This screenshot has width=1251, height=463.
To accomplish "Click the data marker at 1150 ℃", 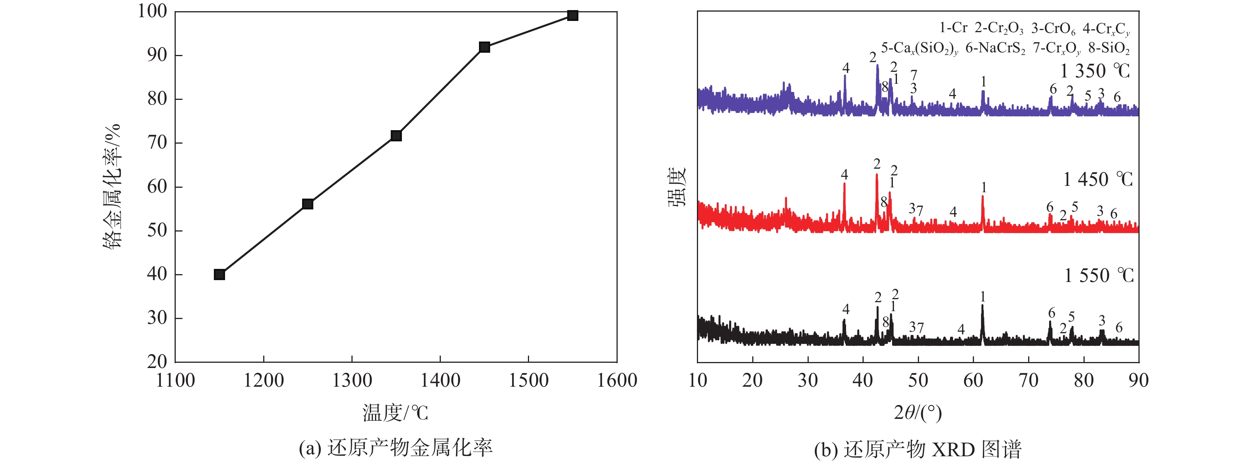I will point(219,275).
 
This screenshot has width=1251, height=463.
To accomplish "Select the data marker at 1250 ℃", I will point(307,204).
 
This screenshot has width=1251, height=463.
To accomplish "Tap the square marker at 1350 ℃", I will point(396,135).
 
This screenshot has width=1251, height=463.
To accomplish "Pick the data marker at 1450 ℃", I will point(484,47).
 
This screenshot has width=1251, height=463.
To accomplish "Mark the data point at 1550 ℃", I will point(572,16).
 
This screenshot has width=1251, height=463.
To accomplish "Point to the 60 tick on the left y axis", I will point(157,187).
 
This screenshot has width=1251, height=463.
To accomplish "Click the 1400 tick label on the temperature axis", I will point(440,380).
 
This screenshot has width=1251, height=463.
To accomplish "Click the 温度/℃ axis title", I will point(395,413).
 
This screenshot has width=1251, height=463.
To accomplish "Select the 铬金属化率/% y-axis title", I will point(112,187).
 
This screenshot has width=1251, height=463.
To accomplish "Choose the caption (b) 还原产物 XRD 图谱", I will point(918,450).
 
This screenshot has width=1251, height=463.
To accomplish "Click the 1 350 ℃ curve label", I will point(1095,71).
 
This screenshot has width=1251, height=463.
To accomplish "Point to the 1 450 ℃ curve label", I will point(1098,180).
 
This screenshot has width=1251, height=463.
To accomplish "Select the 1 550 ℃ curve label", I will point(1098,276).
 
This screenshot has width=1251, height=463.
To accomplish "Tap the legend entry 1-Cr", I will point(953,28).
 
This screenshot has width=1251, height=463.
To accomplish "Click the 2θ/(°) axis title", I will point(918,413).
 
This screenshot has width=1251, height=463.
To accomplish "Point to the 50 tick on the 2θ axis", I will point(918,380).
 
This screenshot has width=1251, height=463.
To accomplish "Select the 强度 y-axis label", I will point(676,187).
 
